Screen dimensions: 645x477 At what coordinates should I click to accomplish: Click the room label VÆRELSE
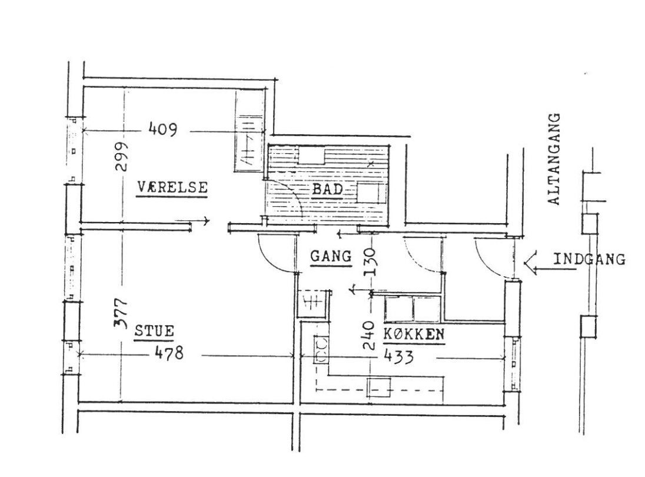tap(172, 187)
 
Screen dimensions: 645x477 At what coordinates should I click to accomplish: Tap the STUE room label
tap(154, 331)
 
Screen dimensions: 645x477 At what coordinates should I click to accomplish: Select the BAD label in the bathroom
tap(327, 189)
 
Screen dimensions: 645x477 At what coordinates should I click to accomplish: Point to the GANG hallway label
tap(331, 256)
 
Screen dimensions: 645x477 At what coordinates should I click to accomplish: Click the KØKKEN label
tap(414, 334)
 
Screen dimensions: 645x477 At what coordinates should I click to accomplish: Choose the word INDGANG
tap(589, 259)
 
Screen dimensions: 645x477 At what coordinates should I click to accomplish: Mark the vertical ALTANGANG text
tap(554, 159)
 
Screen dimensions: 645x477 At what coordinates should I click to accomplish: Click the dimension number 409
tap(162, 129)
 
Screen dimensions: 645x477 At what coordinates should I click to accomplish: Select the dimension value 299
tap(122, 157)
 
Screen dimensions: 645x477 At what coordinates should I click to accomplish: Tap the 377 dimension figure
tap(122, 313)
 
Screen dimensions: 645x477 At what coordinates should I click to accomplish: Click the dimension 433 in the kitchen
tap(398, 356)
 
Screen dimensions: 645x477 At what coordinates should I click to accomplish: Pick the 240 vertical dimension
tap(369, 335)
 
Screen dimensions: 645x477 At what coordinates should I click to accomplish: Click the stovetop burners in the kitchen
tap(321, 349)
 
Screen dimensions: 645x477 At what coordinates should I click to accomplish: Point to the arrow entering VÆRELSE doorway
tap(192, 221)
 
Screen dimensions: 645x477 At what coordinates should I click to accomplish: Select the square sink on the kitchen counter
tap(379, 387)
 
